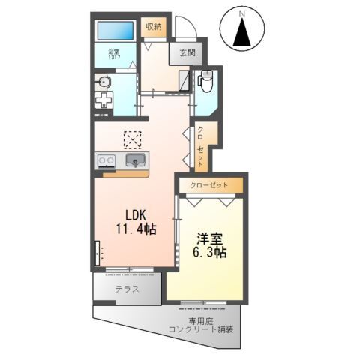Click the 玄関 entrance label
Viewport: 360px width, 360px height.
(187, 52)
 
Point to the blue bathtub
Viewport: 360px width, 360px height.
(115, 32)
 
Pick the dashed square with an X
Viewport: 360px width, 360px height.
(133, 139)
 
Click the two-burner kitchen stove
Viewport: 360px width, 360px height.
(105, 160)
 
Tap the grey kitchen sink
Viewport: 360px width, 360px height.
(136, 160)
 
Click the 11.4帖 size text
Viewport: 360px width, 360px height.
(135, 230)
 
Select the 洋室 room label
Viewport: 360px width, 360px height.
(211, 238)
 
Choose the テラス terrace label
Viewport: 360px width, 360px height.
(126, 289)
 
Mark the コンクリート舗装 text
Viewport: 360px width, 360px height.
(201, 329)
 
